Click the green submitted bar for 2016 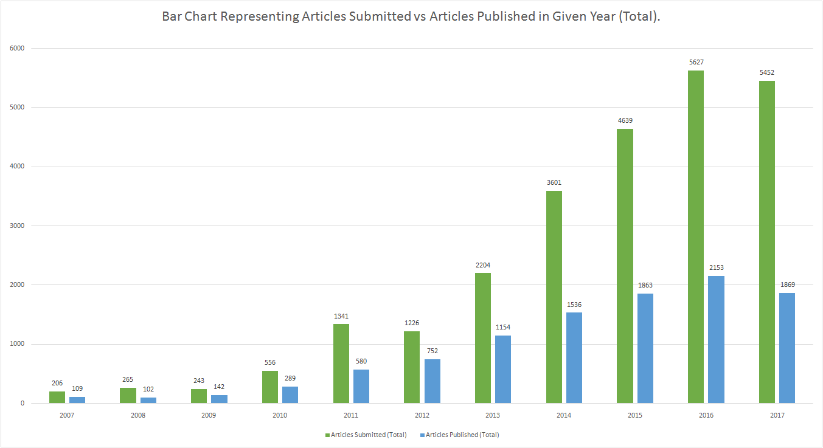coord(696,237)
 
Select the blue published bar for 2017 coord(787,348)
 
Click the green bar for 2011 coord(341,364)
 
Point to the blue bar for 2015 coord(645,348)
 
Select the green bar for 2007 coord(57,397)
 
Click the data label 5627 coord(696,62)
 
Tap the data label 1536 coord(574,305)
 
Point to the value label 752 coord(432,351)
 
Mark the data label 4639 coord(625,120)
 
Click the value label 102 coord(148,389)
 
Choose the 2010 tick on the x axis coord(280,416)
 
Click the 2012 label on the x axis coord(422,416)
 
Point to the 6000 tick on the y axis coord(18,48)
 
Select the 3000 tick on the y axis coord(18,226)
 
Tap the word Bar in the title coord(173,17)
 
